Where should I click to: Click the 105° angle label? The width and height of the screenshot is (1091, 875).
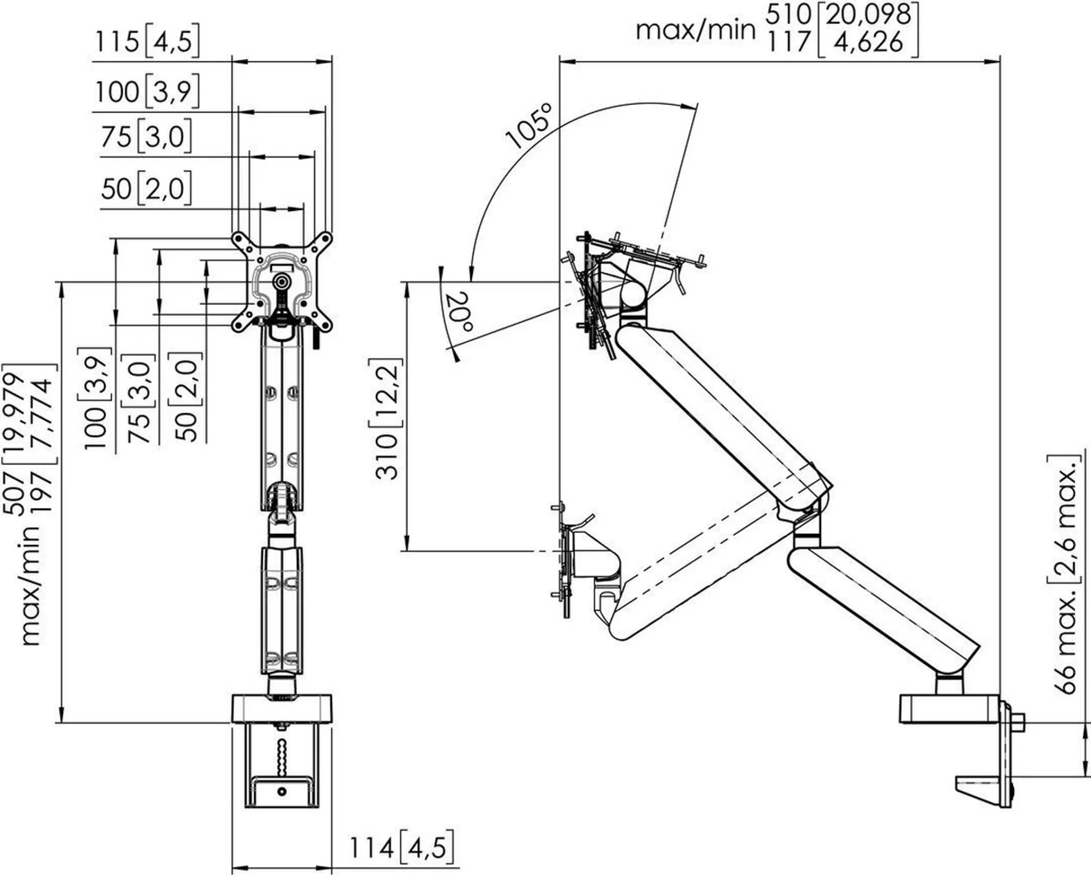(528, 127)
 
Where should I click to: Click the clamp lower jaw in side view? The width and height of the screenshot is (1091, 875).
(977, 799)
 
